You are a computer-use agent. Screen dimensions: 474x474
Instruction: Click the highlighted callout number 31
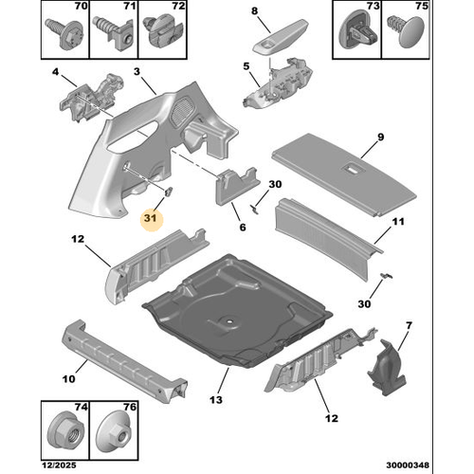[151, 218]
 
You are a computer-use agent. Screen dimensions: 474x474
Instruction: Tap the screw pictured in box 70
[65, 33]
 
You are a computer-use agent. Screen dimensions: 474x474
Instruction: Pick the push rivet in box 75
[407, 31]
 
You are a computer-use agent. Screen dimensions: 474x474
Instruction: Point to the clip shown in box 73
[358, 30]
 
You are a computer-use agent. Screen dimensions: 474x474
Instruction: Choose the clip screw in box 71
[113, 32]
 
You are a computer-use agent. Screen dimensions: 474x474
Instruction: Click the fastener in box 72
[162, 30]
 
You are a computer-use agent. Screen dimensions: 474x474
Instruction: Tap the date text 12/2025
[60, 465]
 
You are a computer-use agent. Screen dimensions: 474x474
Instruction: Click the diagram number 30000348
[408, 465]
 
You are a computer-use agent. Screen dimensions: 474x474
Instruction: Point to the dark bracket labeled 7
[387, 367]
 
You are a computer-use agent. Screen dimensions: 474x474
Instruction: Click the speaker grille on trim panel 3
[182, 111]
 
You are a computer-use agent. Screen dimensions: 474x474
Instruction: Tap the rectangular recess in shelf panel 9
[353, 169]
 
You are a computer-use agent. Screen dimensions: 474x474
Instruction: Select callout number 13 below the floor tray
[216, 400]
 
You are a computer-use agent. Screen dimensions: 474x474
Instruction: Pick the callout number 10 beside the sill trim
[69, 378]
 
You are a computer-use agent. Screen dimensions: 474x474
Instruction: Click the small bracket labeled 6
[237, 186]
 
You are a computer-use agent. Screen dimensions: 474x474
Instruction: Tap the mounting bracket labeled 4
[91, 98]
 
